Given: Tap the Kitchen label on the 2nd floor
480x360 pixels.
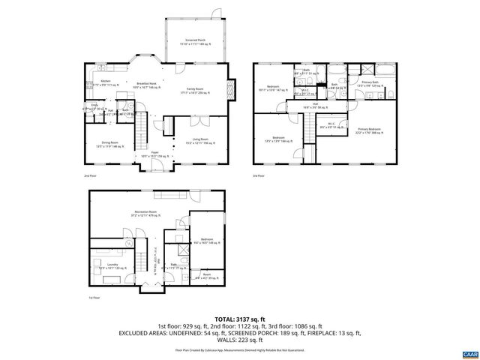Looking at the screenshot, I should [x=106, y=83].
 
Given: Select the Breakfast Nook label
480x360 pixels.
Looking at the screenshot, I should [x=145, y=85].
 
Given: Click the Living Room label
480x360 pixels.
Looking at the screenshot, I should [x=199, y=140].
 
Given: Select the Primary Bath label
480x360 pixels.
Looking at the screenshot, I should [x=370, y=83].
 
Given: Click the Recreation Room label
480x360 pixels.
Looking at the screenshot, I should [x=145, y=214].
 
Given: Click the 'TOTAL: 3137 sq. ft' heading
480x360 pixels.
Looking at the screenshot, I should [x=239, y=319].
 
